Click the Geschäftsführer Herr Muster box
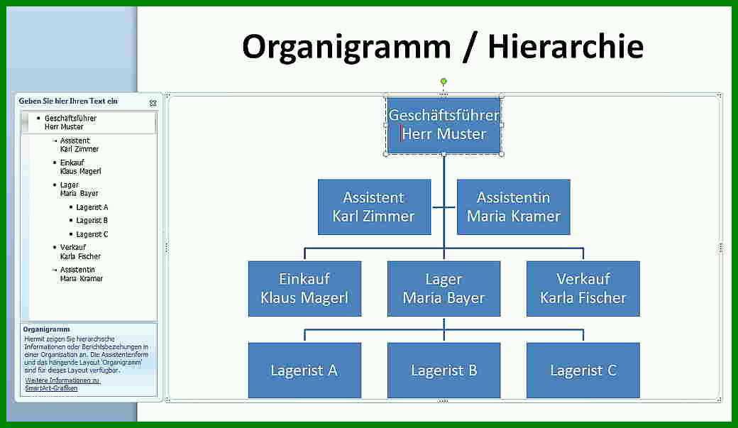pos(444,125)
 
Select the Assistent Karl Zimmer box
pos(374,207)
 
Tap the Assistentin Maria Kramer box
pos(514,207)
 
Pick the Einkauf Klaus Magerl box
pos(304,288)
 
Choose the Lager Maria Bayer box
pos(444,288)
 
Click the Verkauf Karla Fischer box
pos(583,288)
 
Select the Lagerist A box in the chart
pos(304,370)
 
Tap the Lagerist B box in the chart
pos(444,370)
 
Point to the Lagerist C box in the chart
pos(583,370)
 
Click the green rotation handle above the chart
pos(444,82)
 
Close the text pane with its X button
pos(153,103)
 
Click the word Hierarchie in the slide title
pos(566,47)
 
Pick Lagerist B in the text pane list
pos(92,220)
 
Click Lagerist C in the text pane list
pos(92,234)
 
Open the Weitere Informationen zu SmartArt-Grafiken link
pos(62,384)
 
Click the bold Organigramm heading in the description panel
pos(46,329)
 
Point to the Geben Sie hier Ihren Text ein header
pos(68,101)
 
